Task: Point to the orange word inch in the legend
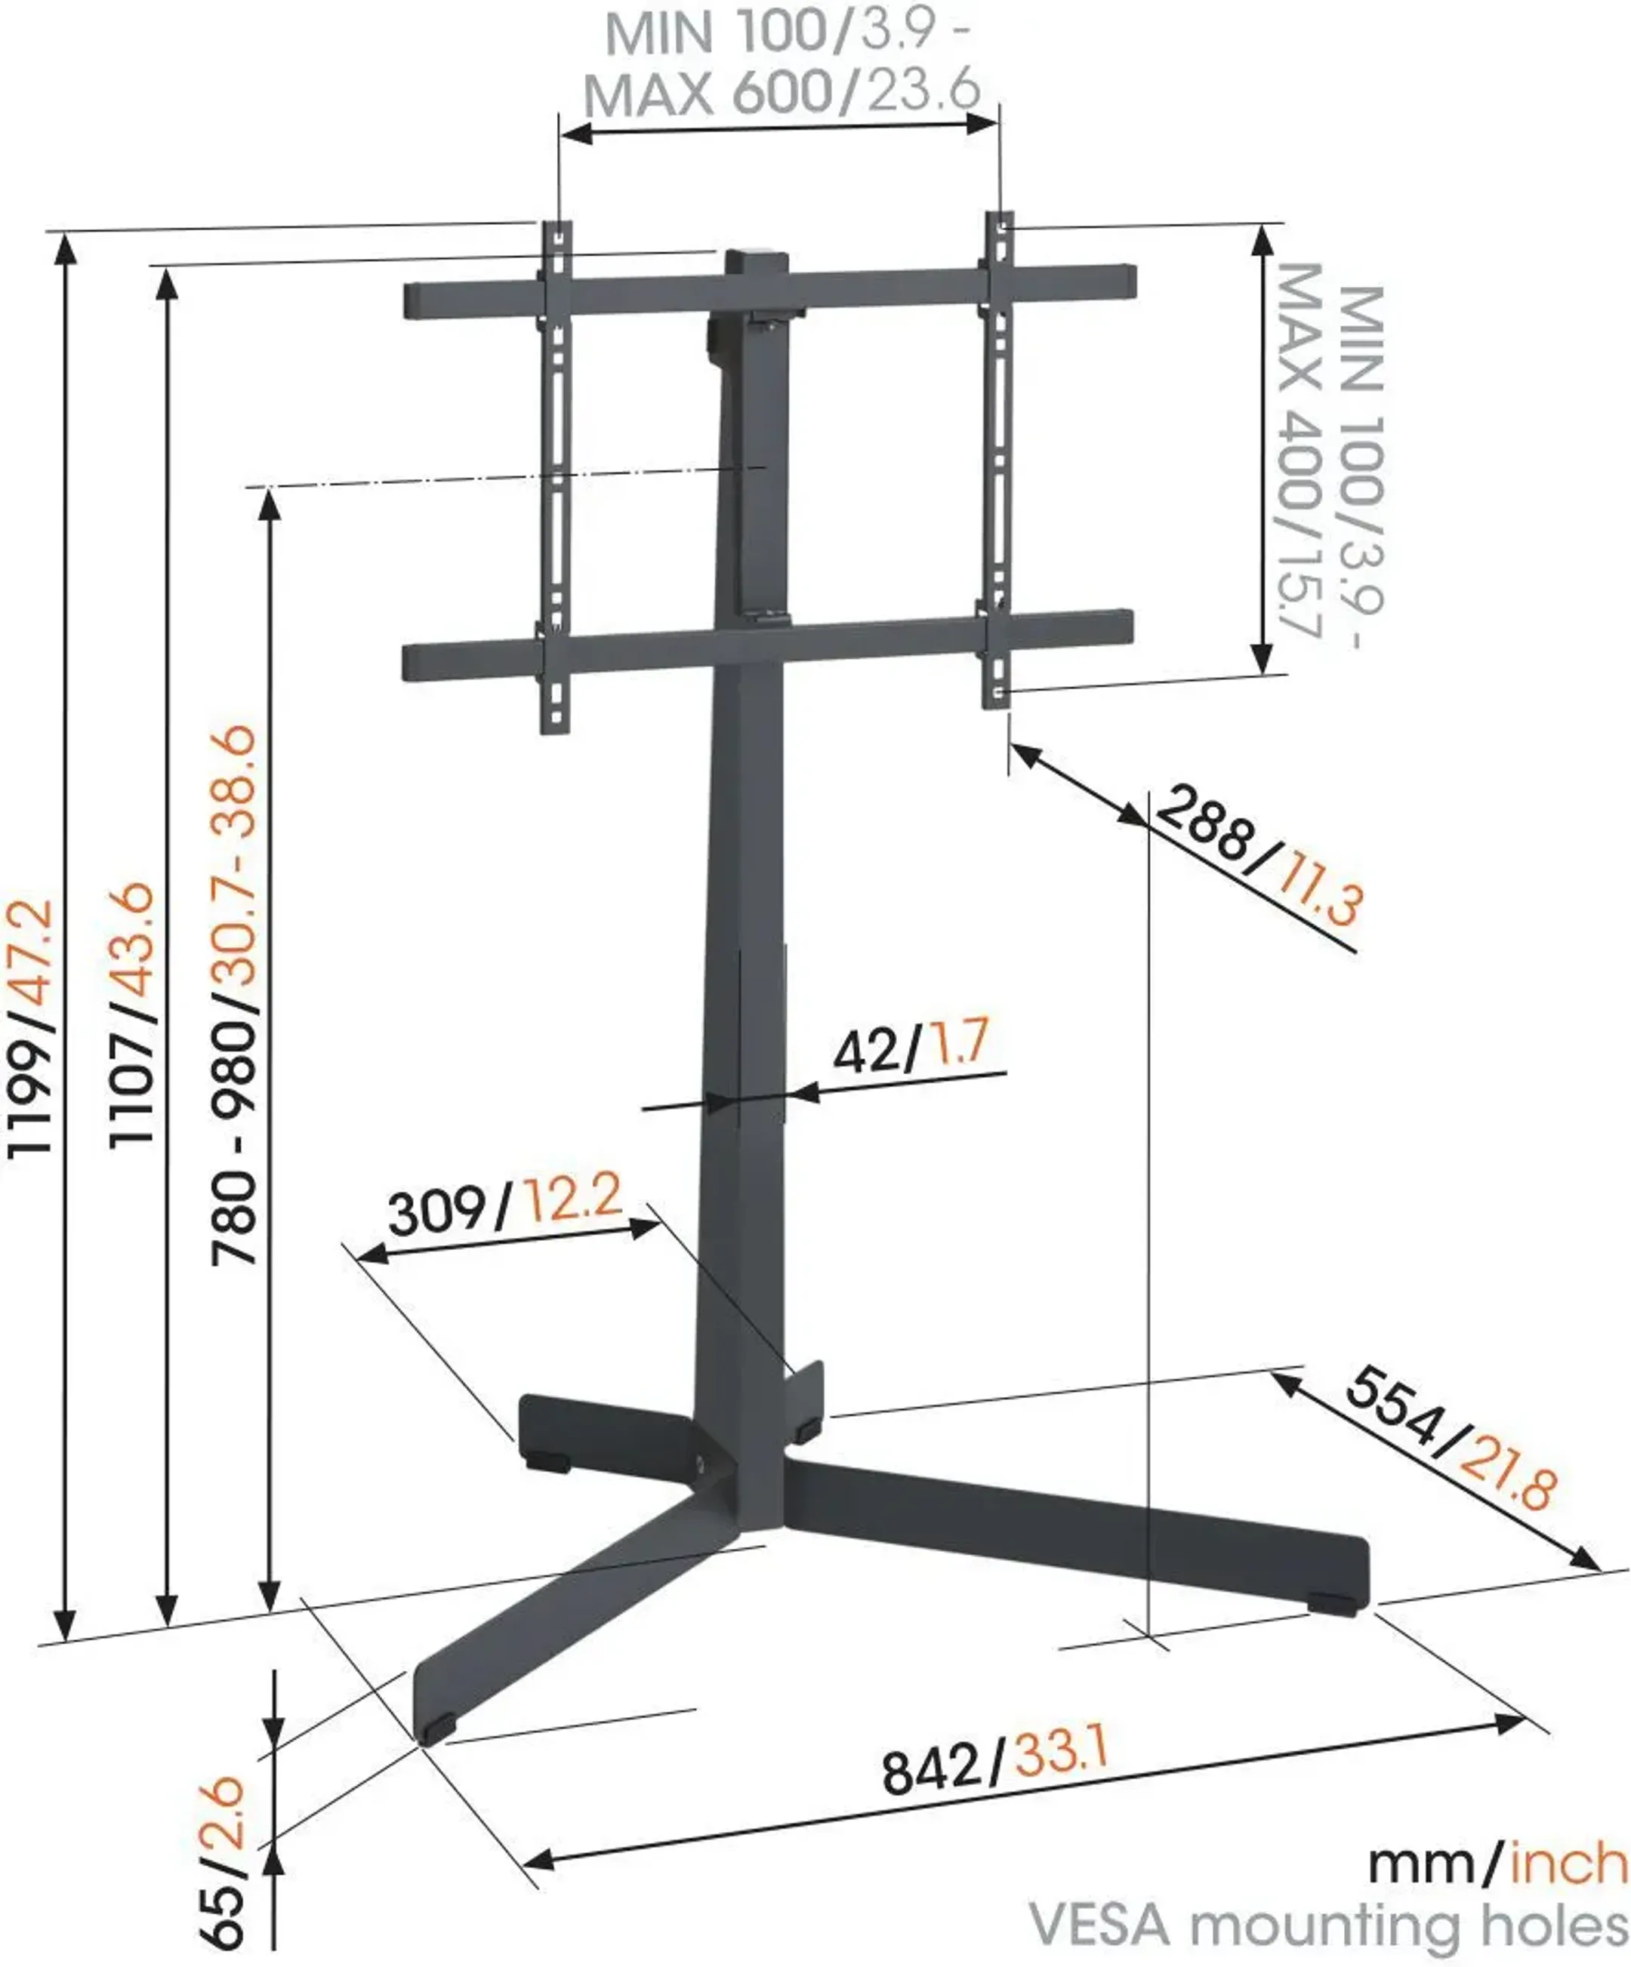(x=1568, y=1864)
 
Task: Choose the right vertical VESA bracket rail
(x=999, y=459)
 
